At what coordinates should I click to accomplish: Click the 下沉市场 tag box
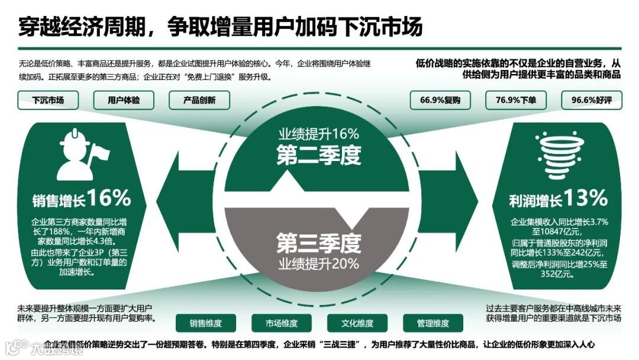pos(49,100)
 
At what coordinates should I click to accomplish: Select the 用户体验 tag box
pos(124,100)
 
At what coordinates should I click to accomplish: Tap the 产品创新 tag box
pos(199,100)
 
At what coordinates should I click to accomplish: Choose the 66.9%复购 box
pos(440,100)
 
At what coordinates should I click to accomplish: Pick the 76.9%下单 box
pos(516,100)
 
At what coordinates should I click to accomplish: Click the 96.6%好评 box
pos(591,100)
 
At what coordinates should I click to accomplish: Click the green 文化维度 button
pos(357,323)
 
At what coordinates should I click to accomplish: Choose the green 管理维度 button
pos(433,323)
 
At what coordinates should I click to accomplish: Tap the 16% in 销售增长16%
pos(109,198)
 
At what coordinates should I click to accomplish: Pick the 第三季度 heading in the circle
pos(319,242)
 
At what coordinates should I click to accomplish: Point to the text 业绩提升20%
pos(319,263)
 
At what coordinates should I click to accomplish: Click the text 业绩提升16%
pos(319,133)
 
